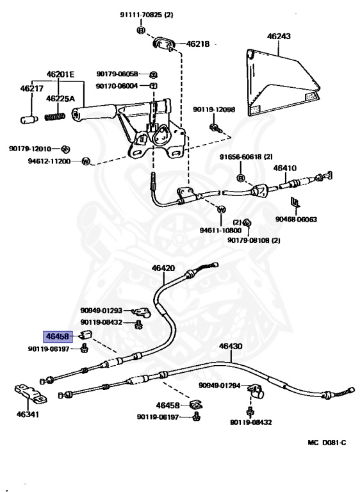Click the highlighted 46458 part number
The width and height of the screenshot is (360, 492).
(58, 336)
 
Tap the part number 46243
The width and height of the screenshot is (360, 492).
(279, 36)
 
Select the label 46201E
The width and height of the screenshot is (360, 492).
(61, 74)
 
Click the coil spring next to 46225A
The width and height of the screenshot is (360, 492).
(55, 117)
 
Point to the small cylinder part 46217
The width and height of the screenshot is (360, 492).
(29, 120)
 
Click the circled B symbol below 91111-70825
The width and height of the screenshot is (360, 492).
(141, 30)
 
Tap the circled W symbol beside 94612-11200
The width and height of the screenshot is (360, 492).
(86, 161)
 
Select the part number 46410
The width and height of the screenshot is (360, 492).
(284, 168)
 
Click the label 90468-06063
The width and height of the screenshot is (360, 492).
(297, 219)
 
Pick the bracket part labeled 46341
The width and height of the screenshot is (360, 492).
(31, 395)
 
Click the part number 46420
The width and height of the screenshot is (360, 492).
(163, 268)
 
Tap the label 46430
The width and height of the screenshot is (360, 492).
(231, 346)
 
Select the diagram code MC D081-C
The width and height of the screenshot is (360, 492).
(327, 443)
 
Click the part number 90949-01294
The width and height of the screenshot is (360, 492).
(219, 385)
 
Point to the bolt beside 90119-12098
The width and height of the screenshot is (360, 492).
(216, 127)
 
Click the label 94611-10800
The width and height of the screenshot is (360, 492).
(220, 231)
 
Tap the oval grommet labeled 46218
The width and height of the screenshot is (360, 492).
(164, 43)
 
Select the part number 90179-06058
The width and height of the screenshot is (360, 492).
(117, 74)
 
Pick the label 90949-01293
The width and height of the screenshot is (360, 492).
(101, 311)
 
